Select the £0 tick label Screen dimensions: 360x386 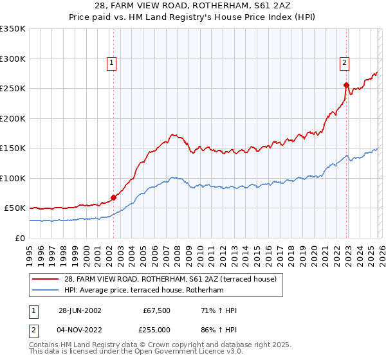coord(19,238)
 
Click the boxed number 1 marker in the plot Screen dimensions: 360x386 coord(112,62)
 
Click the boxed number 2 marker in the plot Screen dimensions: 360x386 coord(345,62)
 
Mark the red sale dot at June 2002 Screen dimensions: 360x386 coord(114,197)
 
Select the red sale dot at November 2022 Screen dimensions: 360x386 coord(346,85)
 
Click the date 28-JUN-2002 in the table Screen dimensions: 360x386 coord(80,310)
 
